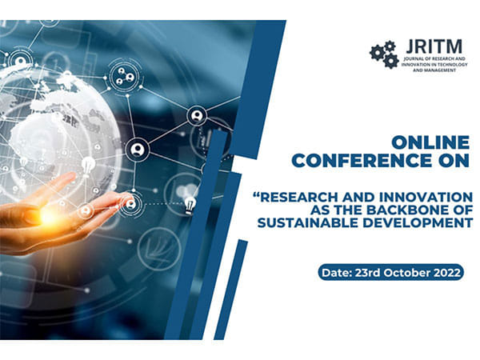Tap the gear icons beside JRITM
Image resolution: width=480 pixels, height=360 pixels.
384,54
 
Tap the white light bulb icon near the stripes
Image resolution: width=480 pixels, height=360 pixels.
190,205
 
